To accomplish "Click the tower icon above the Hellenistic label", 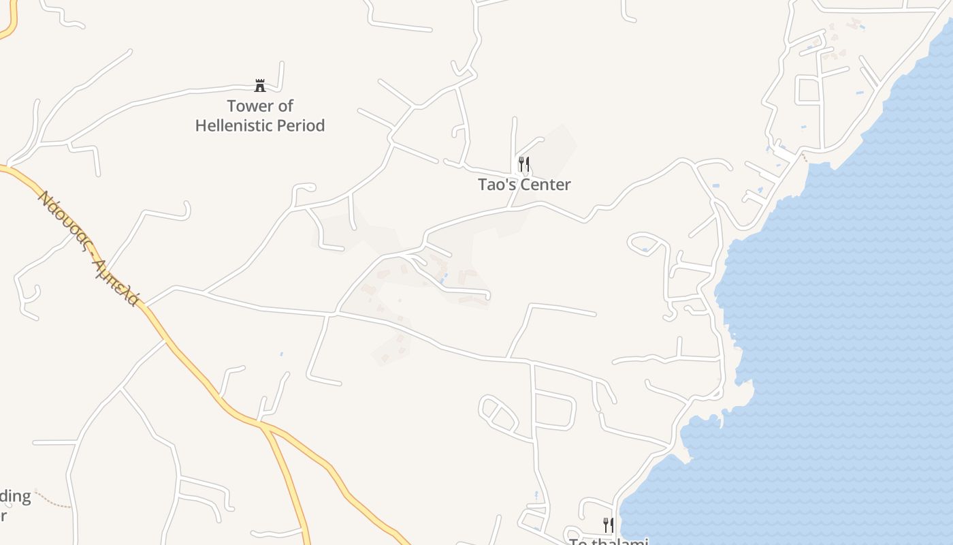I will pyautogui.click(x=260, y=85).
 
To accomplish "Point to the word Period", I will pyautogui.click(x=301, y=126).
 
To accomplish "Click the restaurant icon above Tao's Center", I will pyautogui.click(x=523, y=164).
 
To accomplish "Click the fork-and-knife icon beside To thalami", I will pyautogui.click(x=608, y=525).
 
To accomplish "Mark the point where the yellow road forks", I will pyautogui.click(x=263, y=425).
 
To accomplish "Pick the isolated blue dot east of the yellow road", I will pyautogui.click(x=281, y=354).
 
